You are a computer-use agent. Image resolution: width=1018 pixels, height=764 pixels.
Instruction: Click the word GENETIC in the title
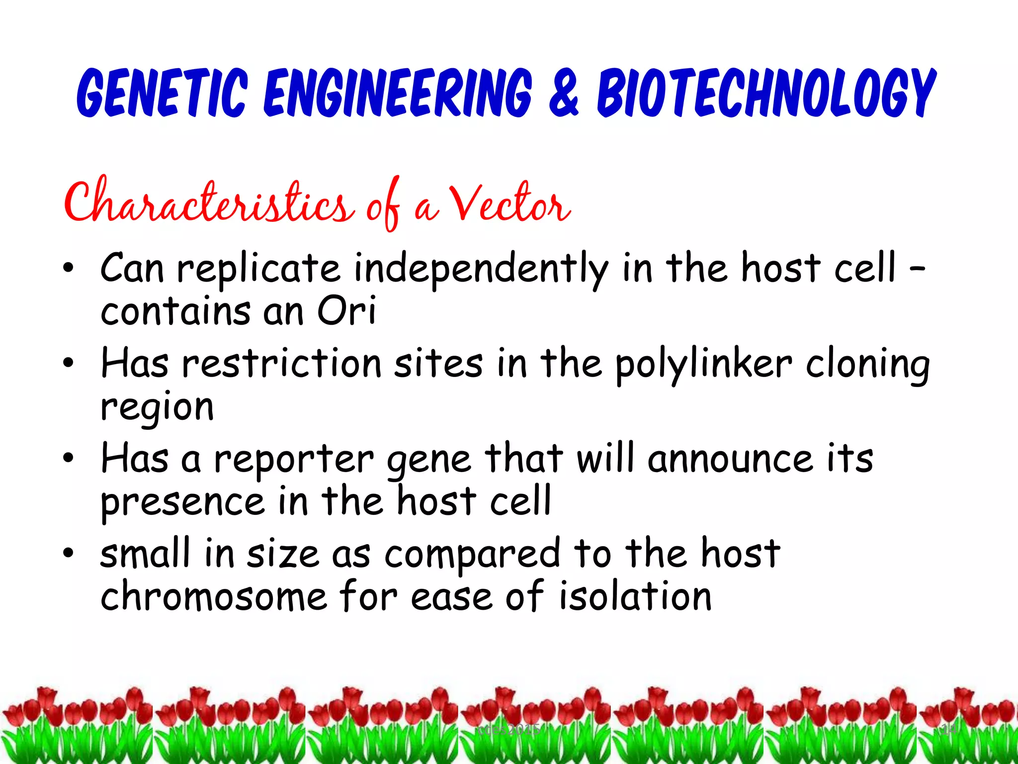pyautogui.click(x=162, y=93)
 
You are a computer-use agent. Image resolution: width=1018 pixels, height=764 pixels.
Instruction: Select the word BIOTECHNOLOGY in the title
pyautogui.click(x=766, y=93)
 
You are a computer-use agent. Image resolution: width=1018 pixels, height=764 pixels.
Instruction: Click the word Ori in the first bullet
pyautogui.click(x=346, y=311)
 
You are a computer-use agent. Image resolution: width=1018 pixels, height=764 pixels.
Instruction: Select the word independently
pyautogui.click(x=481, y=269)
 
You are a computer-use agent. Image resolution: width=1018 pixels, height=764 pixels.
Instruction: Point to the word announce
pyautogui.click(x=730, y=458)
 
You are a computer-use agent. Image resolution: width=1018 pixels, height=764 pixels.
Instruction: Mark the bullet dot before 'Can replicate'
pyautogui.click(x=68, y=269)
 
